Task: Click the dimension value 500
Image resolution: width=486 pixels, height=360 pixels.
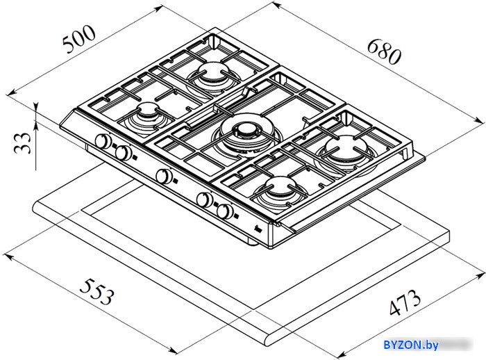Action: [78, 39]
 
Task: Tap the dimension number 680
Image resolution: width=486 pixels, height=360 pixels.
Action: [385, 51]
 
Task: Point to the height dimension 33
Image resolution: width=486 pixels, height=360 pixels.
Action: [23, 142]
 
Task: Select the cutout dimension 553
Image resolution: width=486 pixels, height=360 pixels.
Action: [97, 291]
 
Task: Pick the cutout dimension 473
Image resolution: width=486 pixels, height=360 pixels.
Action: [405, 302]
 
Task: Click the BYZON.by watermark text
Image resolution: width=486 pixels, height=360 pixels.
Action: [411, 345]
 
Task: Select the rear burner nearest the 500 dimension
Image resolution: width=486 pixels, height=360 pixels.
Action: [212, 72]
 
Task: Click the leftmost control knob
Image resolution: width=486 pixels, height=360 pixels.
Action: [103, 141]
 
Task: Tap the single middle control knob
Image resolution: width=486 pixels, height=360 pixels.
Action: [165, 177]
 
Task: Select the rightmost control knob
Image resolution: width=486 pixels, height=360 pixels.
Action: [226, 212]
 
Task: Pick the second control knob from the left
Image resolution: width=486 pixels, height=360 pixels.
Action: [123, 153]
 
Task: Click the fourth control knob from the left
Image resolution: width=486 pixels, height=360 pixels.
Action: [205, 200]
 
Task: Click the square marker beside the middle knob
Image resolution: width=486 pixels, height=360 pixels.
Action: [176, 180]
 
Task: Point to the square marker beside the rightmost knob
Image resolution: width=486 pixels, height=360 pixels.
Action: [237, 215]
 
